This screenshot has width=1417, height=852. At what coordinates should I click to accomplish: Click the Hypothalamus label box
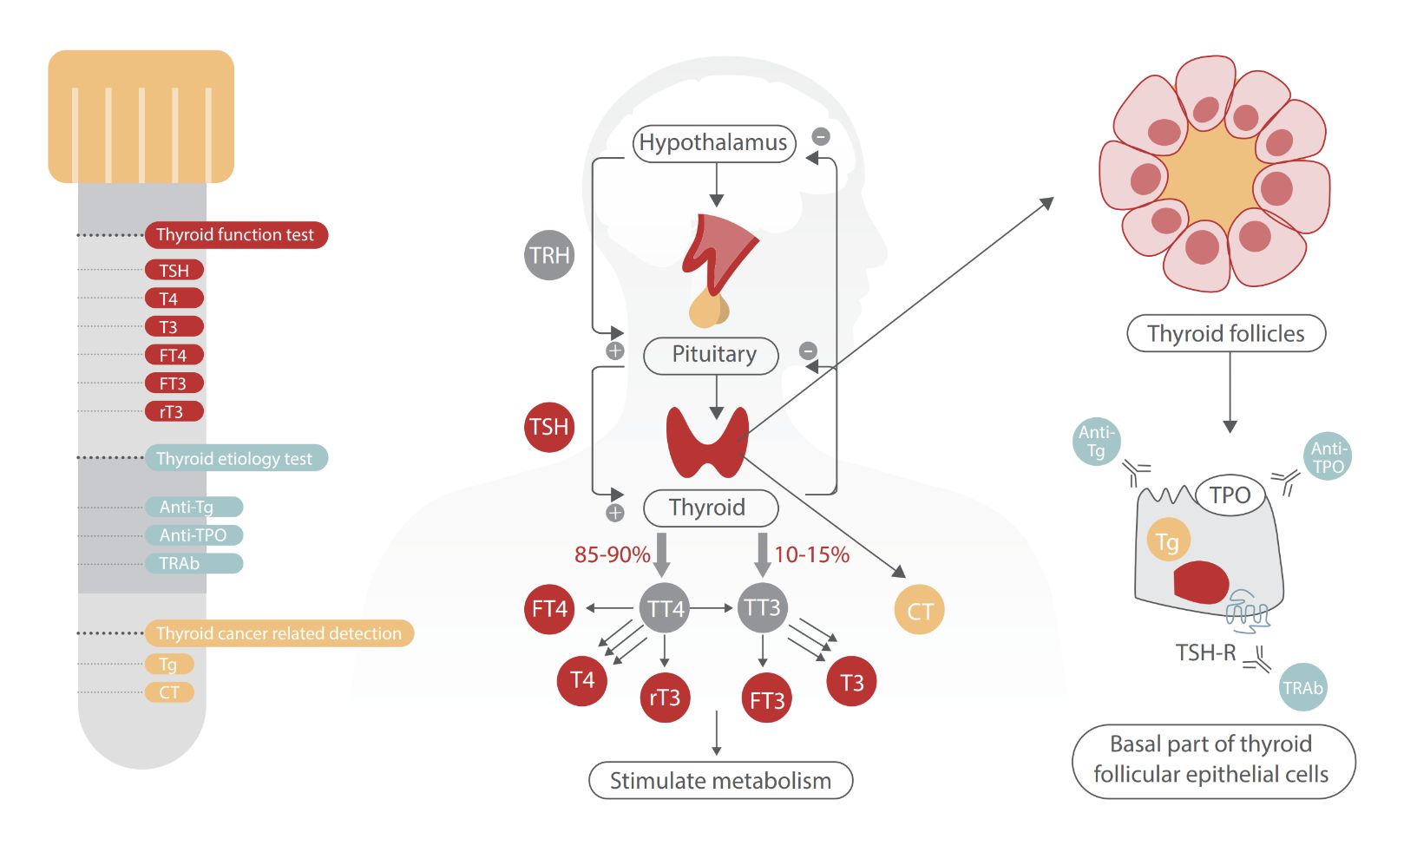click(713, 143)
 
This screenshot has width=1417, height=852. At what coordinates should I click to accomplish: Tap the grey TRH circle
click(549, 255)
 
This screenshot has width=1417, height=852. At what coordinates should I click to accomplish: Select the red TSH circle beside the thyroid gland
click(549, 427)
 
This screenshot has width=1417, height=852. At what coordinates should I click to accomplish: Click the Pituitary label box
click(712, 355)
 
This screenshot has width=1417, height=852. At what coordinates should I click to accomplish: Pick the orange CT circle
click(919, 610)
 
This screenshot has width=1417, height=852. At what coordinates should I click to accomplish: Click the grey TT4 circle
click(665, 608)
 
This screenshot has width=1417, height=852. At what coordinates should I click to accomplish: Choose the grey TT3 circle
click(762, 606)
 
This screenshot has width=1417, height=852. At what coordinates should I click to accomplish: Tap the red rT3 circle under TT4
click(665, 697)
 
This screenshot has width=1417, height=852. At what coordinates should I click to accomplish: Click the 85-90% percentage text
click(612, 554)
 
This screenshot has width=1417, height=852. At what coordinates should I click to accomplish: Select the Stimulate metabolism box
click(720, 780)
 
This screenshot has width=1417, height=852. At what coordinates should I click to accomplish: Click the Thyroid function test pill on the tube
click(235, 235)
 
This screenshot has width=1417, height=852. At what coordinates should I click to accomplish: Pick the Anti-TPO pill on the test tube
click(194, 535)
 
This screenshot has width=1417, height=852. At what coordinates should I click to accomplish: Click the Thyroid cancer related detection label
click(279, 633)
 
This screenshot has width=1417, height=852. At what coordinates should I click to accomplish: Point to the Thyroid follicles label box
click(1225, 333)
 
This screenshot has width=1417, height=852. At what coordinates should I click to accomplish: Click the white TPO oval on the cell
click(1230, 495)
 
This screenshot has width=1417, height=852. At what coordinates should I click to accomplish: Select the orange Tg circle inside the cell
click(1167, 541)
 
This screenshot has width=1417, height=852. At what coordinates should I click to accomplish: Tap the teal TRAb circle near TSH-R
click(1302, 688)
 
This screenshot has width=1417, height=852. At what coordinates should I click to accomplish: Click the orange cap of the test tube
click(141, 116)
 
